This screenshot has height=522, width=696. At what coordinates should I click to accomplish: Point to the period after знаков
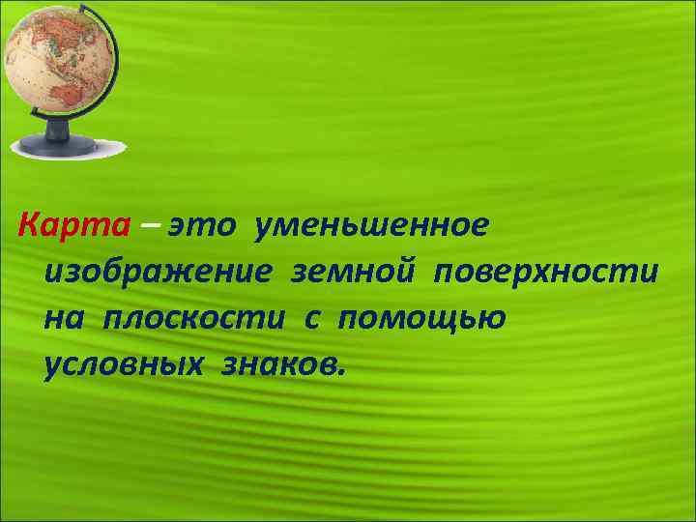[x=338, y=373]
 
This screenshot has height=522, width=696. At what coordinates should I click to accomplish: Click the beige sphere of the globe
[x=54, y=64]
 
